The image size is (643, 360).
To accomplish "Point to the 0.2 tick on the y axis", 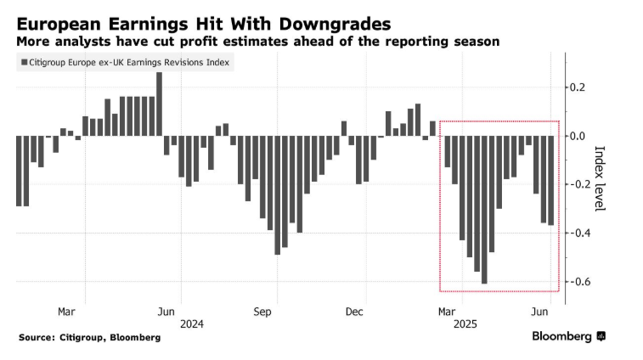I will pyautogui.click(x=577, y=87).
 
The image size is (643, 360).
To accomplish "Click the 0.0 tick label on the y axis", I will pyautogui.click(x=577, y=136).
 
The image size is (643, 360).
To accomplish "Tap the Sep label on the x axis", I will pyautogui.click(x=262, y=311).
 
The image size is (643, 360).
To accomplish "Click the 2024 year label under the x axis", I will pyautogui.click(x=192, y=323).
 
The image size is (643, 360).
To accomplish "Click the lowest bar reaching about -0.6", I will pyautogui.click(x=484, y=210).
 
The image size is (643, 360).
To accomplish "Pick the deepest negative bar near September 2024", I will pyautogui.click(x=277, y=194).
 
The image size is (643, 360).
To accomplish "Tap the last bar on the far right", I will pyautogui.click(x=551, y=180).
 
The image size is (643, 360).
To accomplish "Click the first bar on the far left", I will pyautogui.click(x=19, y=171).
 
